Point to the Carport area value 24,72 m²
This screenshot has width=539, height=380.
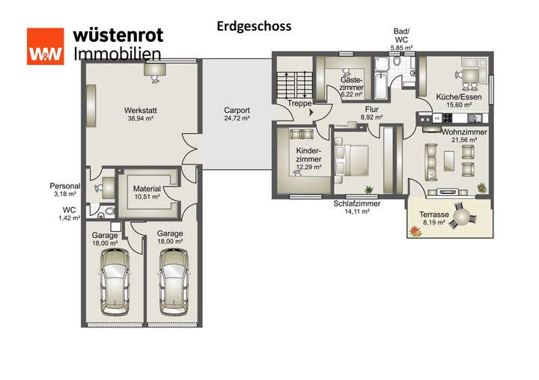(237, 119)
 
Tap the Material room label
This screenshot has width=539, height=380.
(146, 189)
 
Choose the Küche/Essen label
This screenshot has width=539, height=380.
(458, 96)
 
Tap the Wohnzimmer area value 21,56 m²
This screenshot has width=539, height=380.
(464, 141)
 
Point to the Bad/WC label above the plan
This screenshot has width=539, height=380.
(402, 36)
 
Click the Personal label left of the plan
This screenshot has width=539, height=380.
(64, 186)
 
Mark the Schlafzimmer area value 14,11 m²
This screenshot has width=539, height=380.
(356, 212)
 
